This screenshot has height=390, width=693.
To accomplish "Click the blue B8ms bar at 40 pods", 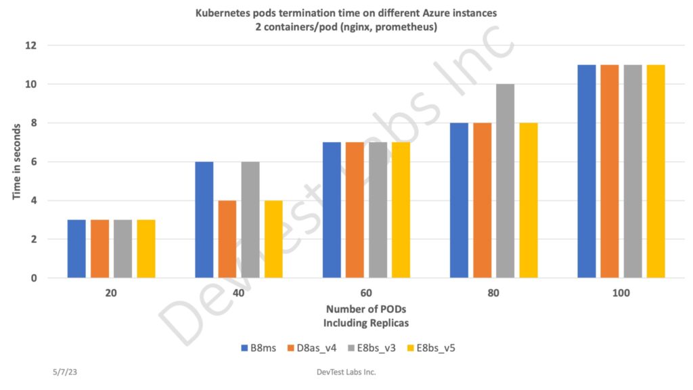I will click(x=204, y=219).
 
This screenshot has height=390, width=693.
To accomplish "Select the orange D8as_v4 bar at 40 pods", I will click(x=227, y=239).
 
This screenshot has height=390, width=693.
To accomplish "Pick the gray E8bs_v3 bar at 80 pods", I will click(x=505, y=181).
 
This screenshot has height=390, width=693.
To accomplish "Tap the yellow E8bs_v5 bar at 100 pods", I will click(x=656, y=171).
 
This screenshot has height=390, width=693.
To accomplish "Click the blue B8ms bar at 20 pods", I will click(x=76, y=248).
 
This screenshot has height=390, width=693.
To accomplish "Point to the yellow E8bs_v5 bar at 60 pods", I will click(x=401, y=210).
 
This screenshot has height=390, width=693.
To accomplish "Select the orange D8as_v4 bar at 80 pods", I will click(x=482, y=200).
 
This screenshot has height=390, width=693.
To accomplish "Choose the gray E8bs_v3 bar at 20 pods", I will click(x=122, y=248).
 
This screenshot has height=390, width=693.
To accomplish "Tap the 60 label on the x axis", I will click(x=366, y=293).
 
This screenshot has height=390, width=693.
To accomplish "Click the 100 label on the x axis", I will click(x=621, y=293).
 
